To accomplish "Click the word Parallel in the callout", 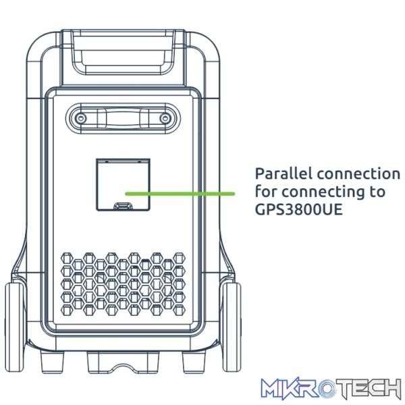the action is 283,173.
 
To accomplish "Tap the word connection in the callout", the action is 358,173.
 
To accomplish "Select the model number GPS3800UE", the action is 298,209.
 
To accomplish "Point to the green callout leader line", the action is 180,194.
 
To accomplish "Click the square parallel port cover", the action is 124,184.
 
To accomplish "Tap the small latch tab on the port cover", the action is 123,205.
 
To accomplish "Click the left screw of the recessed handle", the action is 81,119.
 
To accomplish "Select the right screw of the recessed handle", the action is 165,119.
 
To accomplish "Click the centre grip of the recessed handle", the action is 123,119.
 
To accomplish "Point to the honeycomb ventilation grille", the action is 124,284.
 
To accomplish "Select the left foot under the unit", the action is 52,362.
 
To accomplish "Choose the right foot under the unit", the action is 194,362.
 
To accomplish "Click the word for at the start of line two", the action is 266,192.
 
